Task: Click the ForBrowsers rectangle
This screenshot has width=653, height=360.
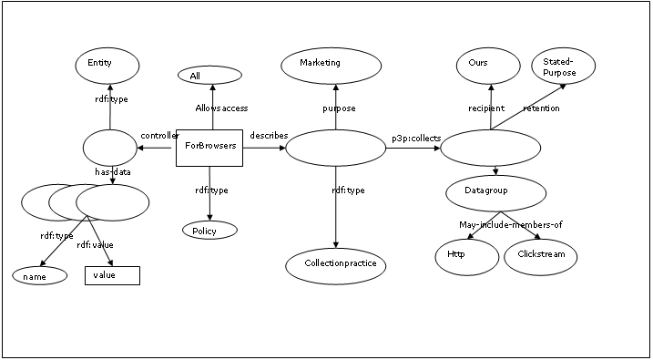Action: [x=209, y=148]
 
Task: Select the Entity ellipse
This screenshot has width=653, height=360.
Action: [x=107, y=66]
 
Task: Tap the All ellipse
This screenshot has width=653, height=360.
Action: [x=209, y=76]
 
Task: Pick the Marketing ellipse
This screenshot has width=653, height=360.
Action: [x=332, y=66]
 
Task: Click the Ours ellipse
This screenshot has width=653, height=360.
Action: [x=488, y=66]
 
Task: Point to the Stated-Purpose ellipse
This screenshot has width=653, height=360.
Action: [x=564, y=66]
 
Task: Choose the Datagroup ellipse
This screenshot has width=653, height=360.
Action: [x=496, y=193]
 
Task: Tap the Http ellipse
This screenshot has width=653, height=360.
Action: [x=467, y=257]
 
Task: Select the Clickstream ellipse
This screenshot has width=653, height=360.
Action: [x=541, y=257]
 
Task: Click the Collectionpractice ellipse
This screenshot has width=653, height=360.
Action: [x=336, y=266]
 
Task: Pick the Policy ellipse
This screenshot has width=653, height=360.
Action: [x=209, y=230]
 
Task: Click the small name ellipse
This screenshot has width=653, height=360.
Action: [x=40, y=275]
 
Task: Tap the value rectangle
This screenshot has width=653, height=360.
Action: [x=112, y=275]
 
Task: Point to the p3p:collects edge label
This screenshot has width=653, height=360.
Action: [x=416, y=139]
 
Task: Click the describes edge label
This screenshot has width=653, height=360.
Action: [x=269, y=136]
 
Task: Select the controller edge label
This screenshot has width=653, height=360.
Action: [x=160, y=136]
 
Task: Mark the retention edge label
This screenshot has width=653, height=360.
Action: [x=541, y=108]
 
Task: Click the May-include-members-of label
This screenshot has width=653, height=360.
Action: [x=511, y=225]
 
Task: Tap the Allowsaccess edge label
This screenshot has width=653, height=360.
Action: [x=221, y=108]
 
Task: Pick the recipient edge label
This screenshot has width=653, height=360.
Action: [x=486, y=108]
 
